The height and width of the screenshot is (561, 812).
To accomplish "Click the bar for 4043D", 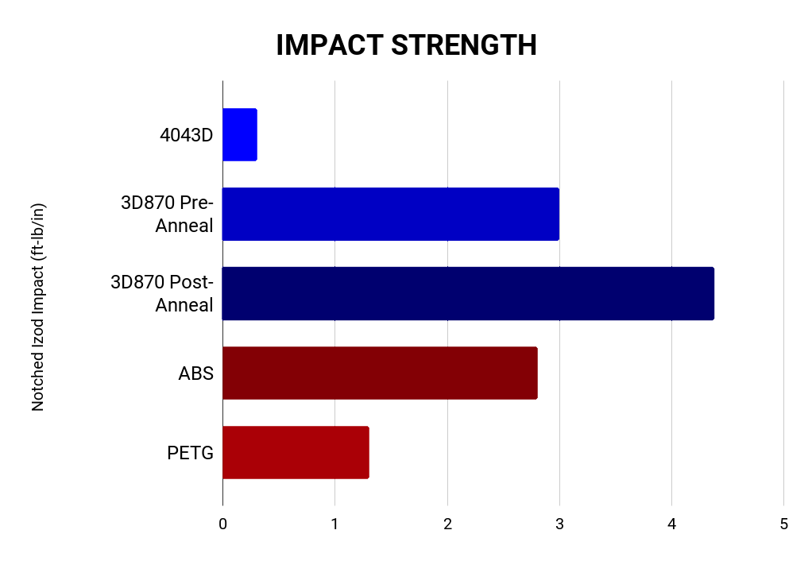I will point(239,134).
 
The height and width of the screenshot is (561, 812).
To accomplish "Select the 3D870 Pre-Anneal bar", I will point(390,214).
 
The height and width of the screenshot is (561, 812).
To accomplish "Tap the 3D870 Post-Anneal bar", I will point(467,293).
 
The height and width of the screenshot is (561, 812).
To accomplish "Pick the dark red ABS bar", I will point(380,373).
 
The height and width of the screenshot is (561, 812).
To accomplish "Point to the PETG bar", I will point(296,452).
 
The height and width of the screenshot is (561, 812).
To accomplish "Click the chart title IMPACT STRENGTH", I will point(406,45).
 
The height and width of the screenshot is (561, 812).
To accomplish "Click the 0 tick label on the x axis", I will point(222,524).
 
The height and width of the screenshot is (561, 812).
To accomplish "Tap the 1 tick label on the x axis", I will point(334,524).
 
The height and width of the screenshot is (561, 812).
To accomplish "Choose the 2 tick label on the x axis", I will point(447,524).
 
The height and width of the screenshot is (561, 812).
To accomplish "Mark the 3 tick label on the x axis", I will point(559,524).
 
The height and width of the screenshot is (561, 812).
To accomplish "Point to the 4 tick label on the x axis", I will point(672,524).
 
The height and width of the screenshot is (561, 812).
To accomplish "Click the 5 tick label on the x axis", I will point(784,524).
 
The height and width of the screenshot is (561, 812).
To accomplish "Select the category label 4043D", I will point(187,134).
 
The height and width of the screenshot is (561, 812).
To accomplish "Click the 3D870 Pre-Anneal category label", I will point(167,214).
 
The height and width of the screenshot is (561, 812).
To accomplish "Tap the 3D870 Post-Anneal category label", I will point(162,293).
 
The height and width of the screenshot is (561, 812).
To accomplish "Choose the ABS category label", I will point(196,373).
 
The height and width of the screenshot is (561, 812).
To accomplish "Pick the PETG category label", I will point(191,452).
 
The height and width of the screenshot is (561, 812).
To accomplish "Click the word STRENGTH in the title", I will point(464,45).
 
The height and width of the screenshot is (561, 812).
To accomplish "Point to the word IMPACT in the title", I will point(329,45).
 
